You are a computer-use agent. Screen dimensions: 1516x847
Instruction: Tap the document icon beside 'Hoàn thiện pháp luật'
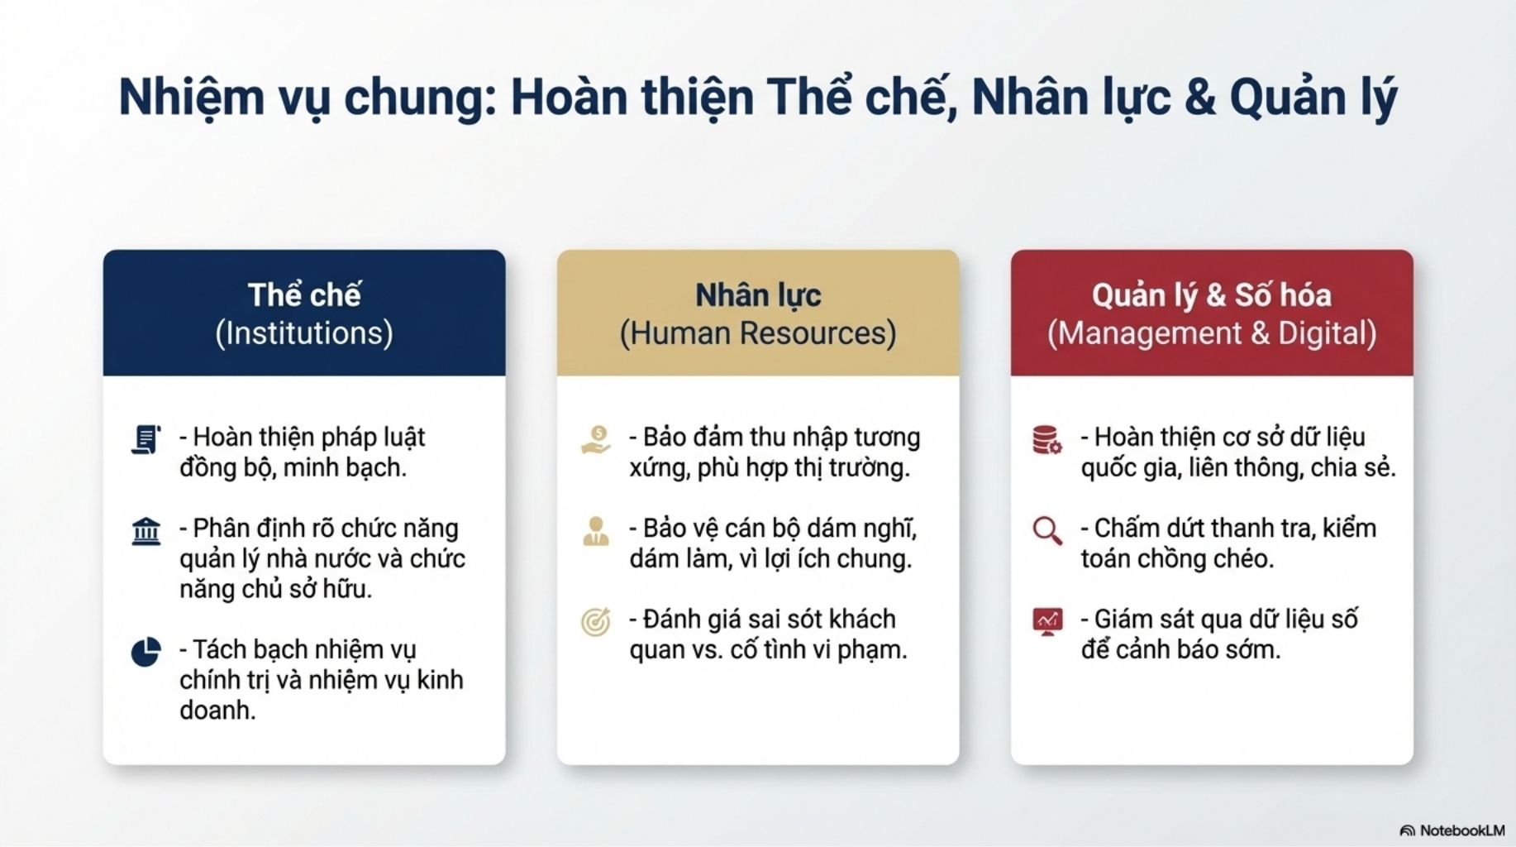click(x=146, y=439)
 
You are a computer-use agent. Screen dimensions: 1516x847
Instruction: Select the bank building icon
click(x=146, y=531)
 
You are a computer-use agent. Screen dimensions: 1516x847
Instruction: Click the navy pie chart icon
click(x=146, y=652)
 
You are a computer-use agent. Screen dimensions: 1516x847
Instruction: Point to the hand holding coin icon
click(x=596, y=439)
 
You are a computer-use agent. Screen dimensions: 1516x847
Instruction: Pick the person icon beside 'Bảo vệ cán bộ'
click(x=596, y=531)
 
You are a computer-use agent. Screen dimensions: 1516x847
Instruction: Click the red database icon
click(x=1047, y=439)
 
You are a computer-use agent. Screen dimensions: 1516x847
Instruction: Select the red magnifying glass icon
click(x=1047, y=531)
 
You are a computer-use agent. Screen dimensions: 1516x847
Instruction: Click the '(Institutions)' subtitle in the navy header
click(x=304, y=333)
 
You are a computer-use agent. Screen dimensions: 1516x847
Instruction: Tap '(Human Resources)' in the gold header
click(x=758, y=333)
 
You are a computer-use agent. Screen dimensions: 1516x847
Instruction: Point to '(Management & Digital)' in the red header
click(x=1212, y=333)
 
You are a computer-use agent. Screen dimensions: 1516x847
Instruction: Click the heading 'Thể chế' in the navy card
click(x=304, y=294)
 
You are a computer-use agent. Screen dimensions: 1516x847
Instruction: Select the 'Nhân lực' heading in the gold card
click(x=758, y=295)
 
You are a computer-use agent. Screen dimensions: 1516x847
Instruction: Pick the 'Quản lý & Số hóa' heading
click(x=1212, y=295)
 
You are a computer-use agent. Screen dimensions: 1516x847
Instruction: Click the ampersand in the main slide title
click(x=1199, y=98)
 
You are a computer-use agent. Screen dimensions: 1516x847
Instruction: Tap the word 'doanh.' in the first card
click(x=217, y=710)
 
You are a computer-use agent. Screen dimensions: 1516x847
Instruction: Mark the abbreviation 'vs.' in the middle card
click(x=703, y=650)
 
